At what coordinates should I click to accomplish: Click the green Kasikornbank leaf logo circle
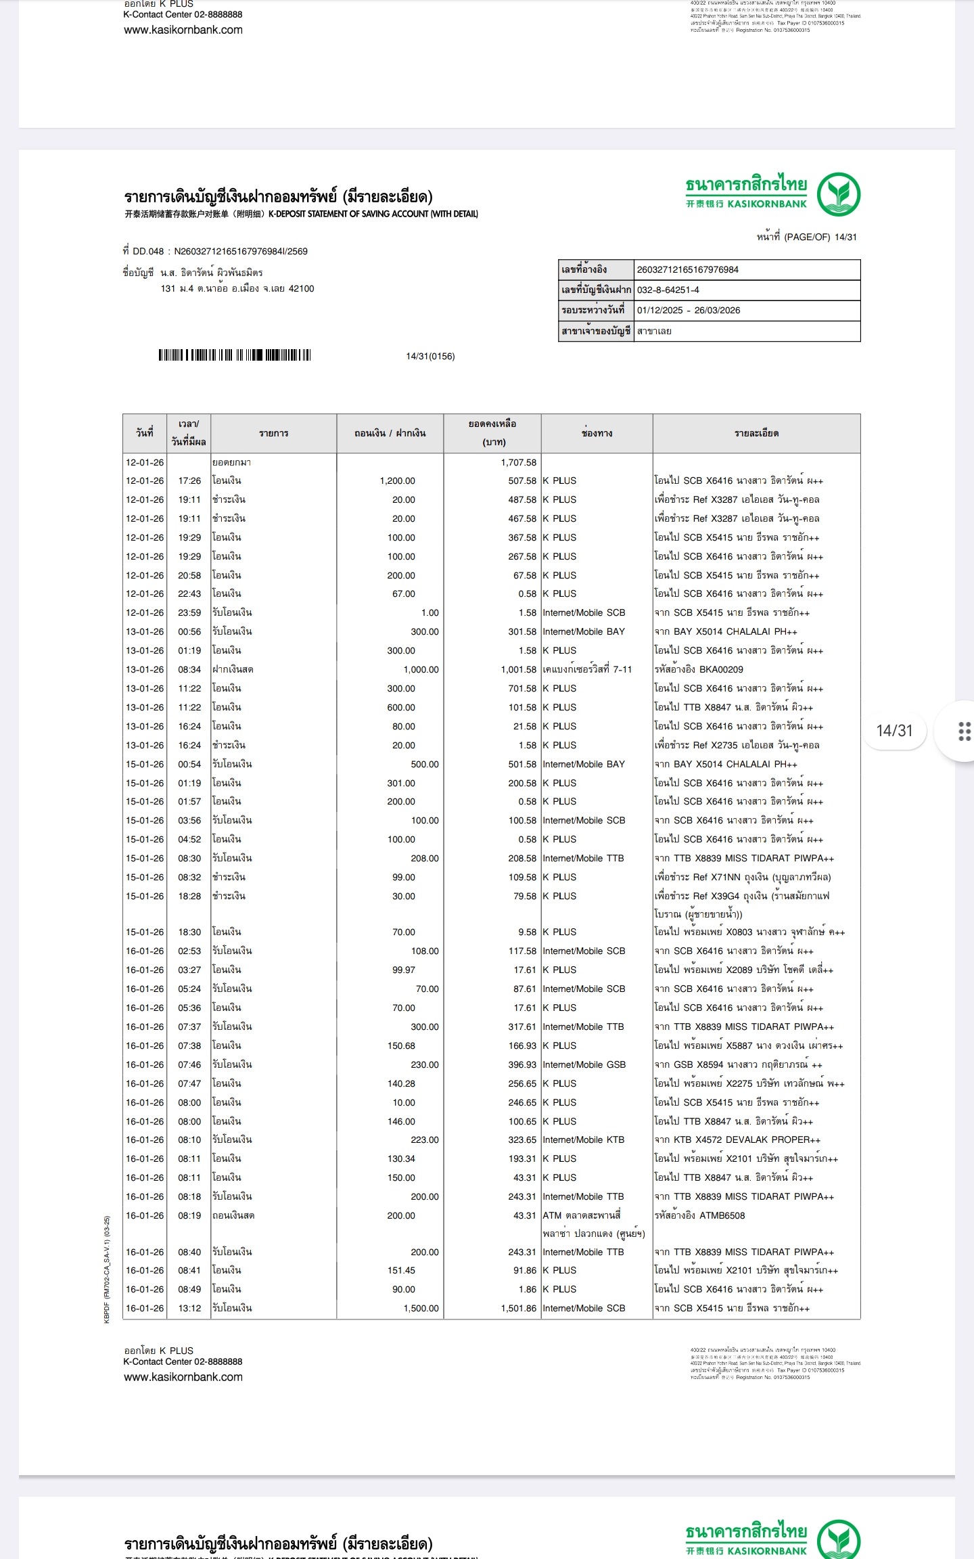(838, 194)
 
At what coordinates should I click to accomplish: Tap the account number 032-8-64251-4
(668, 290)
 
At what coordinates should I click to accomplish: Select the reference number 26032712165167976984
(687, 270)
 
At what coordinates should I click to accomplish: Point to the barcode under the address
(235, 355)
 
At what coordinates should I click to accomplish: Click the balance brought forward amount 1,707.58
(518, 463)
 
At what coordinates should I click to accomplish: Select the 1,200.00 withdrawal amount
(397, 481)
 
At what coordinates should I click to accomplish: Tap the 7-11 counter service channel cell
(587, 670)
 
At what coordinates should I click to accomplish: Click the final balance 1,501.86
(518, 1309)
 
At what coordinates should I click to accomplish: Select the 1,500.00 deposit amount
(421, 1309)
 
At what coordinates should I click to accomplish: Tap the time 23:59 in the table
(189, 613)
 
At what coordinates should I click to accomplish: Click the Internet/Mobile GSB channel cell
(584, 1065)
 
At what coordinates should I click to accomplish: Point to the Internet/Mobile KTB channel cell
(583, 1140)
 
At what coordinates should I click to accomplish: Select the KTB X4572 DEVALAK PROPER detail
(737, 1140)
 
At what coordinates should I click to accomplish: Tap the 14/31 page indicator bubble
(894, 731)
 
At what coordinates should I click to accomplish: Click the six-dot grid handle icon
(965, 731)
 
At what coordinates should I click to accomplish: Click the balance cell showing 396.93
(521, 1065)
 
